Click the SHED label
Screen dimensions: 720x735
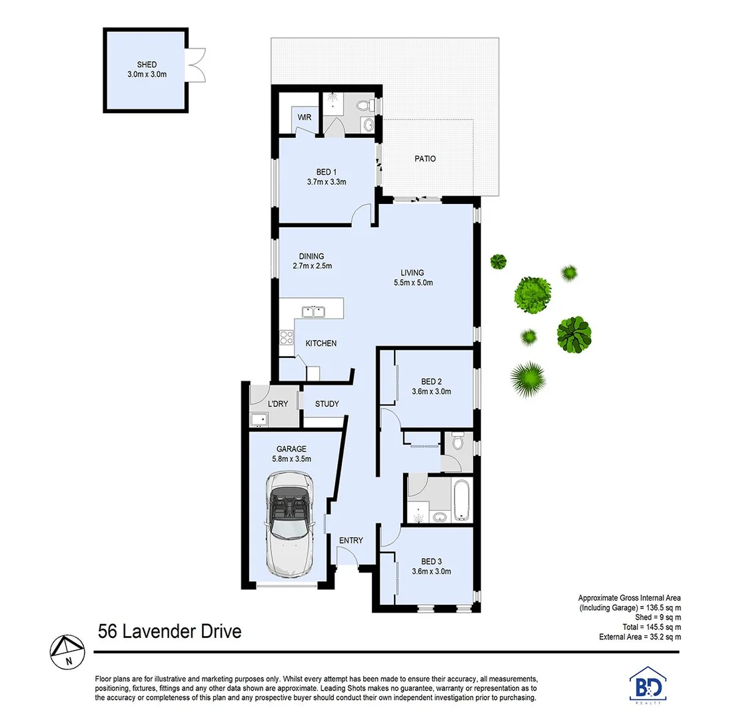coord(147,65)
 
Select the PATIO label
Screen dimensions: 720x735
coord(424,159)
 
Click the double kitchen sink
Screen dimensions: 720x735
coord(312,311)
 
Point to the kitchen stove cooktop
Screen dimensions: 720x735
coord(287,338)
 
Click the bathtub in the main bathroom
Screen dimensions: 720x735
coord(460,499)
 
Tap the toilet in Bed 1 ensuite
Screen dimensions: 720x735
coord(365,105)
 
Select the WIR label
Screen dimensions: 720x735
coord(305,117)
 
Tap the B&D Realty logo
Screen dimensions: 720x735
coord(646,685)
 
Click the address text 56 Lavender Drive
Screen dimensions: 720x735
coord(169,631)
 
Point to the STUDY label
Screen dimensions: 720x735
coord(327,404)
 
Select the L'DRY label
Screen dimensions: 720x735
coord(278,404)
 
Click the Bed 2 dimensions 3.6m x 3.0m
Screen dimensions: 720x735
coord(431,391)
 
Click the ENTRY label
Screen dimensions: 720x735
coord(351,540)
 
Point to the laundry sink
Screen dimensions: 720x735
coord(258,419)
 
